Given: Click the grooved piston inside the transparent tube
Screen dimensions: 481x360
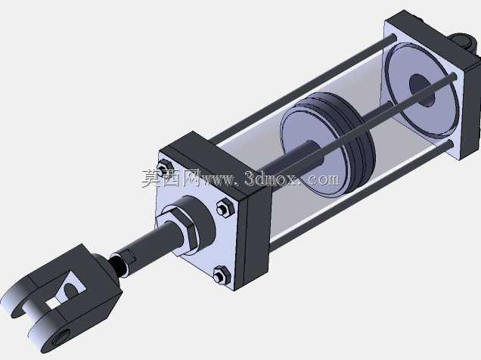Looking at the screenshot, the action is click(x=327, y=144).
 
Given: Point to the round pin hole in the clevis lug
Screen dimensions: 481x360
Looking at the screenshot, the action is click(x=59, y=339).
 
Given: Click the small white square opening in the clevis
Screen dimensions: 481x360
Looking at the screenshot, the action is click(x=53, y=303).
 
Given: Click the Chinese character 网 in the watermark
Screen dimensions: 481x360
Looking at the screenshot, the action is click(x=191, y=178).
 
